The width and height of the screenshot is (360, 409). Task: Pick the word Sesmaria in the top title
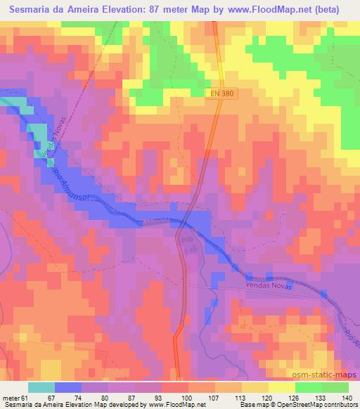coord(32,10)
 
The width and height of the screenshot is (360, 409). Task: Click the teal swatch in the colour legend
coord(41,387)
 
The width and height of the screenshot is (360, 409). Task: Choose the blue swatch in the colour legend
coord(68,387)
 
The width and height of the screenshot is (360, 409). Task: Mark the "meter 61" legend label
coord(13,398)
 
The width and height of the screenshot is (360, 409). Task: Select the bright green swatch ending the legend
coord(335,387)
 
